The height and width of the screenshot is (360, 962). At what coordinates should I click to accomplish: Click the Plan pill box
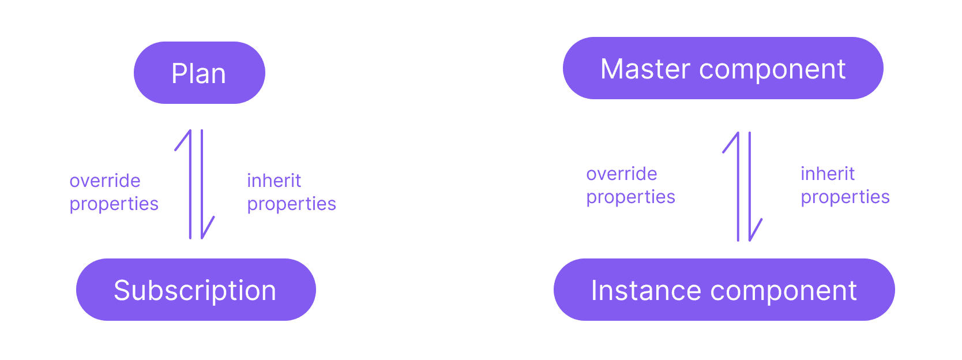[200, 73]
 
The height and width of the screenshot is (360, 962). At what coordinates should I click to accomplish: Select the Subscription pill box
[196, 290]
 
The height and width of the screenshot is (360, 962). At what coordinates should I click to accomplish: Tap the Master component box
[723, 68]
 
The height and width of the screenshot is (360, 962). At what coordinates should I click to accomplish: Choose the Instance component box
[724, 290]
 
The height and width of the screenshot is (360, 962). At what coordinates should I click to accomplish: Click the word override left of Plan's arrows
[105, 181]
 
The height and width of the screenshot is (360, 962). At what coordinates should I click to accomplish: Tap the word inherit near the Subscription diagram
[274, 181]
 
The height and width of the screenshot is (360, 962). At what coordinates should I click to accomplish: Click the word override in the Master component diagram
[621, 174]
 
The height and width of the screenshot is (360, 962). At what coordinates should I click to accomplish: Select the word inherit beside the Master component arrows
[828, 174]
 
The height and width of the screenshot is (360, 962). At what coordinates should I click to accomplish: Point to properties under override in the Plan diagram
[114, 204]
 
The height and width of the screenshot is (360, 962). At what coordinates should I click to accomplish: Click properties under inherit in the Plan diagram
[292, 204]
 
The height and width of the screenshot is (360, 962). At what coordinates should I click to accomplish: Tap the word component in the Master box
[773, 70]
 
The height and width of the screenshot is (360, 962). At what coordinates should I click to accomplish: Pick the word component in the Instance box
[784, 292]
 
